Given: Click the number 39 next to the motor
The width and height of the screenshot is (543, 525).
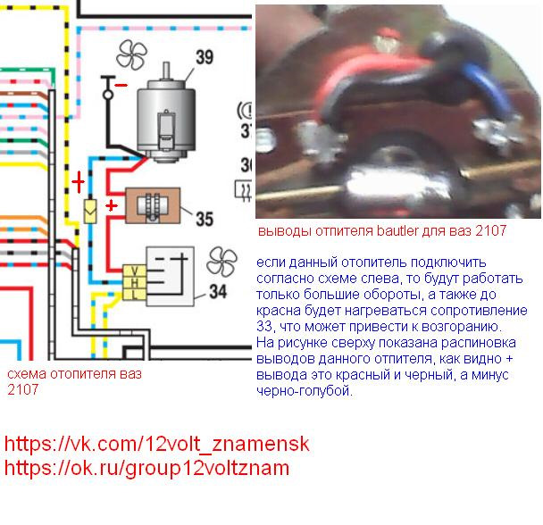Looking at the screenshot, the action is click(205, 59).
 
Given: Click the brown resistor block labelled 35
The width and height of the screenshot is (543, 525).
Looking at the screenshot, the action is click(153, 206).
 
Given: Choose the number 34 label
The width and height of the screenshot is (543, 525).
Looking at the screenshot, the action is click(218, 291).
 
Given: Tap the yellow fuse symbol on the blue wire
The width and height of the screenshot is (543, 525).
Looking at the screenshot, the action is click(90, 212).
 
